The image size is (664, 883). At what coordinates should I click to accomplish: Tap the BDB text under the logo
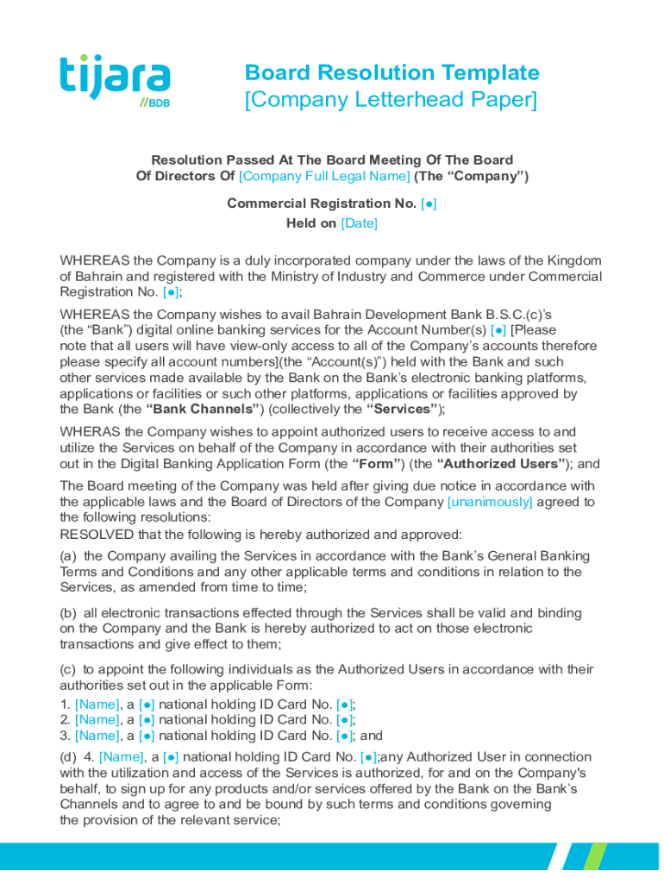click(158, 103)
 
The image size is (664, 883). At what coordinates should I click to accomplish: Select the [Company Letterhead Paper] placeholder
click(391, 100)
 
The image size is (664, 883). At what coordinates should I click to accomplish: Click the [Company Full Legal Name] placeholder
click(324, 176)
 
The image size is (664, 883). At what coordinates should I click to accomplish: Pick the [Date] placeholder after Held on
click(360, 223)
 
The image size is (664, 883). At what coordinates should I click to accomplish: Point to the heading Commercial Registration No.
click(321, 204)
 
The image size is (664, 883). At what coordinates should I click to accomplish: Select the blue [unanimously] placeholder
click(490, 502)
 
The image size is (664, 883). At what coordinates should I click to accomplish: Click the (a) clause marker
click(68, 556)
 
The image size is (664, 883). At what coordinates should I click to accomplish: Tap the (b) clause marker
click(68, 613)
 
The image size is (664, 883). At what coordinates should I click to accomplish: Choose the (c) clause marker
click(68, 669)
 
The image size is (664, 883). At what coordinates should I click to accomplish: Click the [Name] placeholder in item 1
click(97, 704)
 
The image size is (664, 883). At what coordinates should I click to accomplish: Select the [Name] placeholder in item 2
click(97, 719)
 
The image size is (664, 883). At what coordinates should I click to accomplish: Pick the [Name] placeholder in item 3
click(97, 736)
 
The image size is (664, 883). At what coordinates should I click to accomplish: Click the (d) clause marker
click(68, 757)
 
